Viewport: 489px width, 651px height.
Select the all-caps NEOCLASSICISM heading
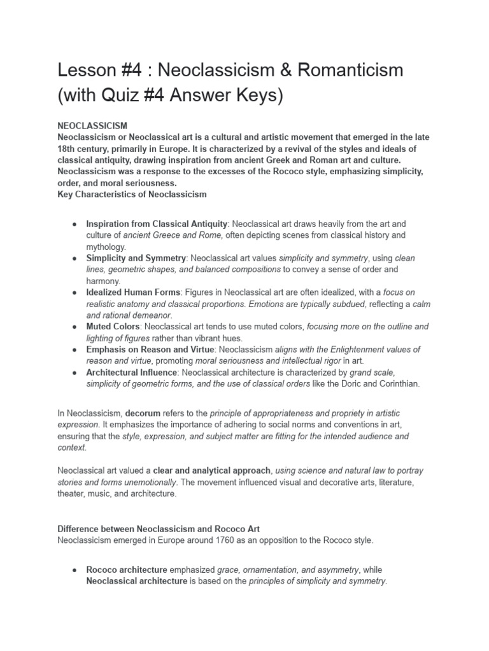tap(92, 126)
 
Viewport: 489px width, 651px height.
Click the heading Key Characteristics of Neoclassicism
tap(132, 194)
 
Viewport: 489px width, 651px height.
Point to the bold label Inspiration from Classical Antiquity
tap(157, 224)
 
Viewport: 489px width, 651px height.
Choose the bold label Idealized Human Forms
tap(133, 292)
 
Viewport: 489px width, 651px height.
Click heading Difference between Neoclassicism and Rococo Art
tap(159, 529)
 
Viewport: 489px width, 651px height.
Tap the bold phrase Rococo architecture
tap(127, 570)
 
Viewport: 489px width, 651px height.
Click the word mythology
tap(106, 247)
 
